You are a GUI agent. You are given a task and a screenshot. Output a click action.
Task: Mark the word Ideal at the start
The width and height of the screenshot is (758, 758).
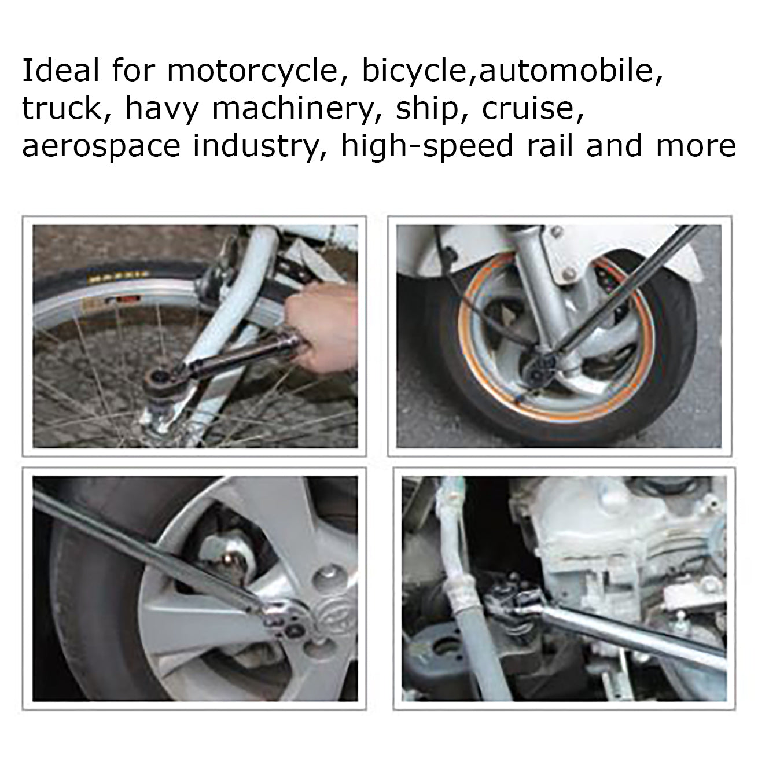click(x=61, y=71)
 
